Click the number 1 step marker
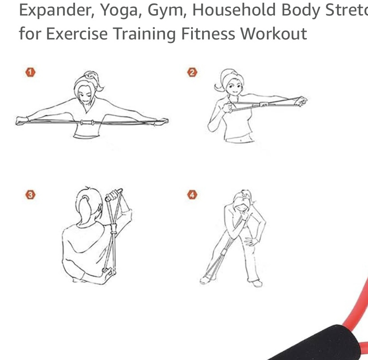(x=30, y=72)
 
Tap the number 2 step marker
(x=192, y=72)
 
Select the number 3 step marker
(x=30, y=195)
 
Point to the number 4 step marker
(x=192, y=195)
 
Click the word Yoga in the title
(x=118, y=10)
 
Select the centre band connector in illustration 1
(x=87, y=122)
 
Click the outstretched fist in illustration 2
(x=301, y=102)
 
